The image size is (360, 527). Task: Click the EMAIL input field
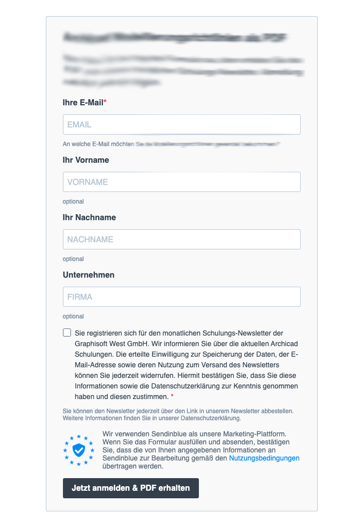click(x=181, y=124)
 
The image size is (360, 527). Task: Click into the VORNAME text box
click(x=181, y=182)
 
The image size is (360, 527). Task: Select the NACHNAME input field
click(x=181, y=239)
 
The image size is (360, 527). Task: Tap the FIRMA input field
click(x=181, y=297)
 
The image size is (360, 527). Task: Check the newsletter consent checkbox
click(x=67, y=333)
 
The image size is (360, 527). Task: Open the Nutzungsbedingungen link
click(x=264, y=458)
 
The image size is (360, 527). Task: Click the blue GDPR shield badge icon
click(x=79, y=449)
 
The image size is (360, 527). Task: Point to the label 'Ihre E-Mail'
click(x=83, y=102)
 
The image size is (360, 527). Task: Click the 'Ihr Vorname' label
click(x=86, y=160)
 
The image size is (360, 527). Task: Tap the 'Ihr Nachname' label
click(x=89, y=217)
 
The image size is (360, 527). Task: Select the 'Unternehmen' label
click(x=89, y=275)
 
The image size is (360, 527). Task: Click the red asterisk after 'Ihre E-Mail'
click(x=105, y=102)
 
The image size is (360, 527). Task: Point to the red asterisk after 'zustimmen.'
click(x=172, y=396)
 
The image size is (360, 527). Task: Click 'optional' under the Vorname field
click(x=73, y=202)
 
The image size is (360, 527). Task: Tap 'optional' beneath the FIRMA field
click(x=73, y=316)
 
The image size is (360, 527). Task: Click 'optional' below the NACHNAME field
click(x=73, y=259)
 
